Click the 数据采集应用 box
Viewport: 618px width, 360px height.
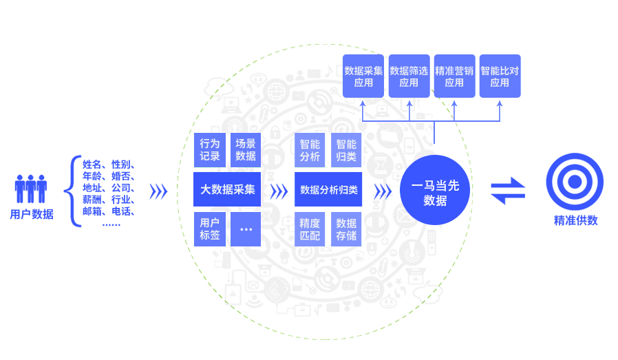363,76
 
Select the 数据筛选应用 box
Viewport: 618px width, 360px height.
409,76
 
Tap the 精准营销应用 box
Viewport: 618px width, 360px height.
454,76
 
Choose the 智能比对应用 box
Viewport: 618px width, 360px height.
500,76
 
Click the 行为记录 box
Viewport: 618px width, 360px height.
210,150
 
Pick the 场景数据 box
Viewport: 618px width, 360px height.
246,150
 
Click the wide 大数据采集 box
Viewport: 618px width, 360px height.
227,189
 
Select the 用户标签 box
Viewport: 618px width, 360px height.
210,229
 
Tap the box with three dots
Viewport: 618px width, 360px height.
246,229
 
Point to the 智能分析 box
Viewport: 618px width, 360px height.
310,150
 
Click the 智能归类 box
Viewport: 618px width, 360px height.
346,150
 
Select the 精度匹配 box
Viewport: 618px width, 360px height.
310,229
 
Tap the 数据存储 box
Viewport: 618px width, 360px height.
346,229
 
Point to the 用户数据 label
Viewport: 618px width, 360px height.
32,214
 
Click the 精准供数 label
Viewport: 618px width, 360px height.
576,221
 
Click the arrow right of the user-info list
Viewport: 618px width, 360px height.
158,191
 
